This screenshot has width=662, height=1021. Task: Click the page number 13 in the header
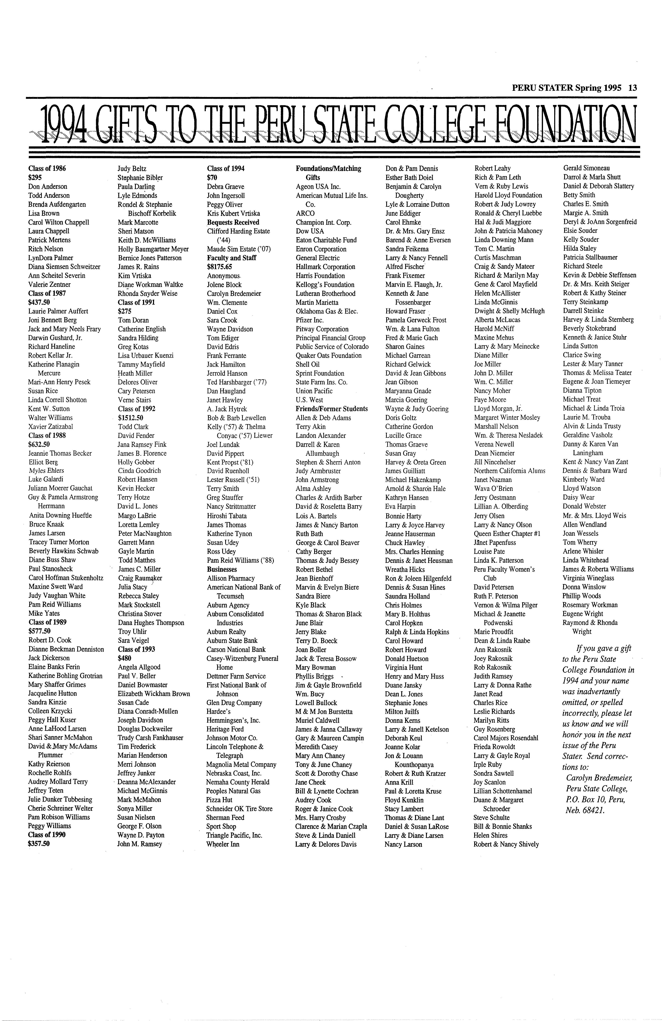coord(632,88)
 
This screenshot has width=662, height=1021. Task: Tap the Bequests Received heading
coord(233,222)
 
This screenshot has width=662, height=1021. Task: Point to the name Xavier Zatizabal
coord(51,427)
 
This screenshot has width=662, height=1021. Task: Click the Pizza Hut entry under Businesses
coord(219,800)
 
